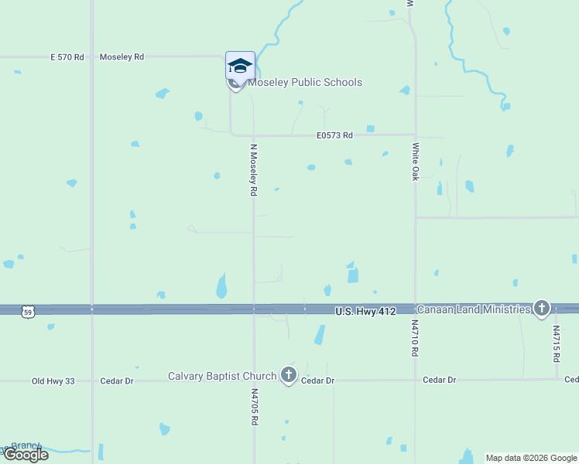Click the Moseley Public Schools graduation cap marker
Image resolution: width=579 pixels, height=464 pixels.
(x=240, y=65)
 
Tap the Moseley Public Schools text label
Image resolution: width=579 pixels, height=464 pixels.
(x=304, y=82)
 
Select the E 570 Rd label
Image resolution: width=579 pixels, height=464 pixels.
(x=67, y=57)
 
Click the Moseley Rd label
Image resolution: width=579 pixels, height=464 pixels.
(x=122, y=57)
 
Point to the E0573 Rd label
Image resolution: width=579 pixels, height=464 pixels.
(x=334, y=135)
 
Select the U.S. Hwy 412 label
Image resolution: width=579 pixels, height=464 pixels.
(x=365, y=311)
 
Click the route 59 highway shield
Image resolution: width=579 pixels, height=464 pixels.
(x=28, y=312)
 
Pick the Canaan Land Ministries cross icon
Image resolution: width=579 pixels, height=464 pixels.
(x=541, y=309)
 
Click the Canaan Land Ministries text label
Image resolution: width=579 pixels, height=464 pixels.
(x=474, y=309)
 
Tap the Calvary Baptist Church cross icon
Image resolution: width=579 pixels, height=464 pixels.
(x=289, y=376)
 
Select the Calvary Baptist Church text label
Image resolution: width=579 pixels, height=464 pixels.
(x=222, y=377)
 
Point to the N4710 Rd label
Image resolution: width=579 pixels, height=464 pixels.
(x=415, y=339)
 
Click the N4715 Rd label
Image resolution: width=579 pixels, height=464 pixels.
(x=556, y=343)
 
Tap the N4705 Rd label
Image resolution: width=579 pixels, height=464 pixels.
(x=254, y=408)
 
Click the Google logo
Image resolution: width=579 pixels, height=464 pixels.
(x=26, y=455)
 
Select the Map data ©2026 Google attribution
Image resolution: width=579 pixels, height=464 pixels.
(x=531, y=458)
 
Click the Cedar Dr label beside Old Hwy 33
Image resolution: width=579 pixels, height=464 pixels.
(x=117, y=381)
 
